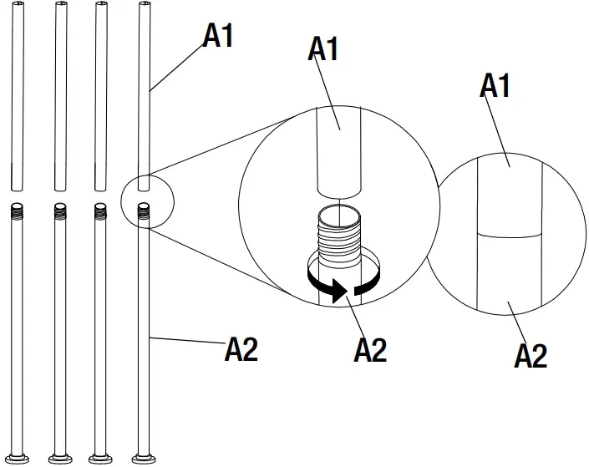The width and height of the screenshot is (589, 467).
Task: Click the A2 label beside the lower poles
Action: coord(241,349)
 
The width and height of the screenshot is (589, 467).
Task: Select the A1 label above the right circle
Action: coord(495,85)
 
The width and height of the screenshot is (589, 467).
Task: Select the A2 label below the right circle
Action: coord(530,356)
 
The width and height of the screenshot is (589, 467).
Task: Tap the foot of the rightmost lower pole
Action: coord(145,458)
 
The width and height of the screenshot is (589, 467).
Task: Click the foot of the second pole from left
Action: coord(60,458)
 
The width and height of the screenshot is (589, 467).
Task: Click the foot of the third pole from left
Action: coord(101,458)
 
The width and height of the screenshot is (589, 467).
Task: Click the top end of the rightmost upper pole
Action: coord(144,5)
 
